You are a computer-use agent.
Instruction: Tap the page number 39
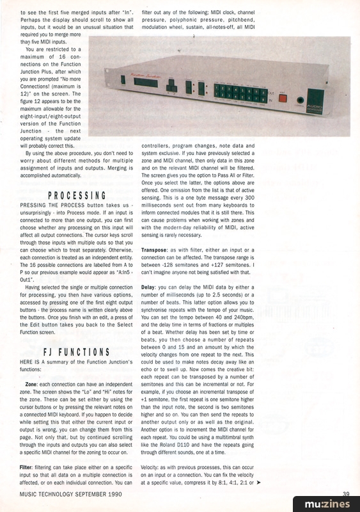(x=346, y=493)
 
